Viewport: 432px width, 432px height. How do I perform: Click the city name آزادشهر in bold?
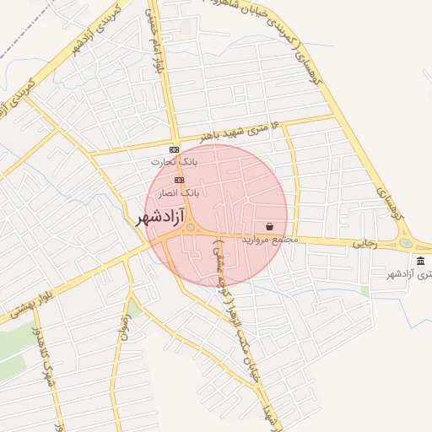(164, 218)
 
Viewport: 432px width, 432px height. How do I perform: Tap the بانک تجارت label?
(173, 161)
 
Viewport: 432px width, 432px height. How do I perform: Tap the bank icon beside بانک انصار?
(179, 180)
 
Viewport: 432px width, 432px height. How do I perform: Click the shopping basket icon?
(269, 226)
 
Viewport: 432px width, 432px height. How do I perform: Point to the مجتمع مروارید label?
(271, 240)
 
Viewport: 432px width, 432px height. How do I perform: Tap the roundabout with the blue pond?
(406, 244)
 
